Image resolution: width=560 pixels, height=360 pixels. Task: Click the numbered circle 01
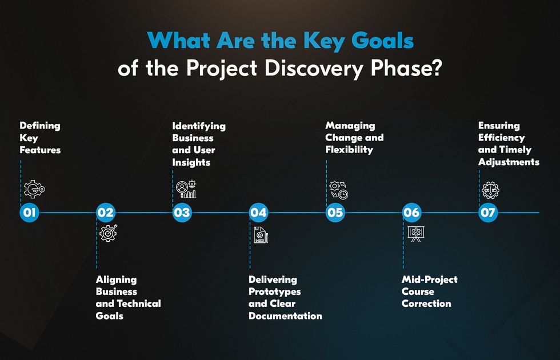[30, 213]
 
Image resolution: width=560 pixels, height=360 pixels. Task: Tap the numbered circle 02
[106, 213]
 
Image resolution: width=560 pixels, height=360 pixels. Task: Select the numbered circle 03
[182, 213]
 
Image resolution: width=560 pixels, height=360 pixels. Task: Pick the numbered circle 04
[258, 213]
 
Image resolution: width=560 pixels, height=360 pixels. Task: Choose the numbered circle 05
[335, 213]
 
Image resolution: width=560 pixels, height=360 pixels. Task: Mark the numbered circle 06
[411, 213]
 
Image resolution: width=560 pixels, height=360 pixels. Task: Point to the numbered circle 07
[488, 213]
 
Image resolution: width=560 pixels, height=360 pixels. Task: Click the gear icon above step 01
[34, 189]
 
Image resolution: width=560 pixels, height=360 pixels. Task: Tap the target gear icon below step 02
[108, 233]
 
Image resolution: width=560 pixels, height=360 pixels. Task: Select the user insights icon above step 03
[187, 189]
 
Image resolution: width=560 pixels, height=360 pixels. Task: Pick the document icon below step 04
[261, 234]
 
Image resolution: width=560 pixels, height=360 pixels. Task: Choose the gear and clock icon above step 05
[339, 190]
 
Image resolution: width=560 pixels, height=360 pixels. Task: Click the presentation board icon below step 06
[415, 234]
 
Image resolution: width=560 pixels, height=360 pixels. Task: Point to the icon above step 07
[491, 190]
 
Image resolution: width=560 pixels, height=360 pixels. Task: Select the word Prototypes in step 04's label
[275, 291]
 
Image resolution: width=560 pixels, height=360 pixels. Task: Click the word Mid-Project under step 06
[430, 279]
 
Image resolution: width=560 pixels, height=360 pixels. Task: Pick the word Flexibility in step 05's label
[349, 150]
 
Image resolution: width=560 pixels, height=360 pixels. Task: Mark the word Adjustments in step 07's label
[509, 162]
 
